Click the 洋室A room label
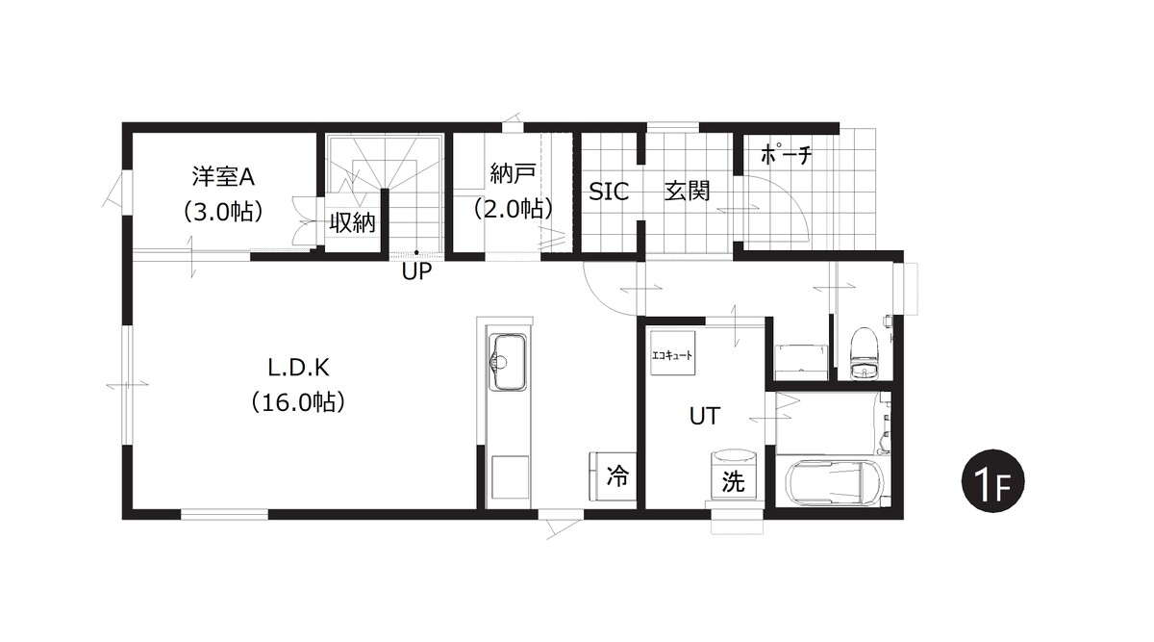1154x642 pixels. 223,177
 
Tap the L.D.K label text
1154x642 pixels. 298,369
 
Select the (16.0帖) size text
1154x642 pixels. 298,402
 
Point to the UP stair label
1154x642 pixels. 416,271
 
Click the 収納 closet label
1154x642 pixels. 352,222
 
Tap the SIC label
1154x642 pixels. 609,192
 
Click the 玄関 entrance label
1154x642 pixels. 687,191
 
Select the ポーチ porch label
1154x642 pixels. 787,154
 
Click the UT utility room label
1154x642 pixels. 704,416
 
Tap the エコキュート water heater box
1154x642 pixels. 672,353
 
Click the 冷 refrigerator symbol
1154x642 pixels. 614,475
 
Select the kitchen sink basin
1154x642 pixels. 508,363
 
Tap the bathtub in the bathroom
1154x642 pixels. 835,482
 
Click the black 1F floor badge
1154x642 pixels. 992,481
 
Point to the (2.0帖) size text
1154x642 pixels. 513,209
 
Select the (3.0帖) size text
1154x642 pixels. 223,212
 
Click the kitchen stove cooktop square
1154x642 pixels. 510,477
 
